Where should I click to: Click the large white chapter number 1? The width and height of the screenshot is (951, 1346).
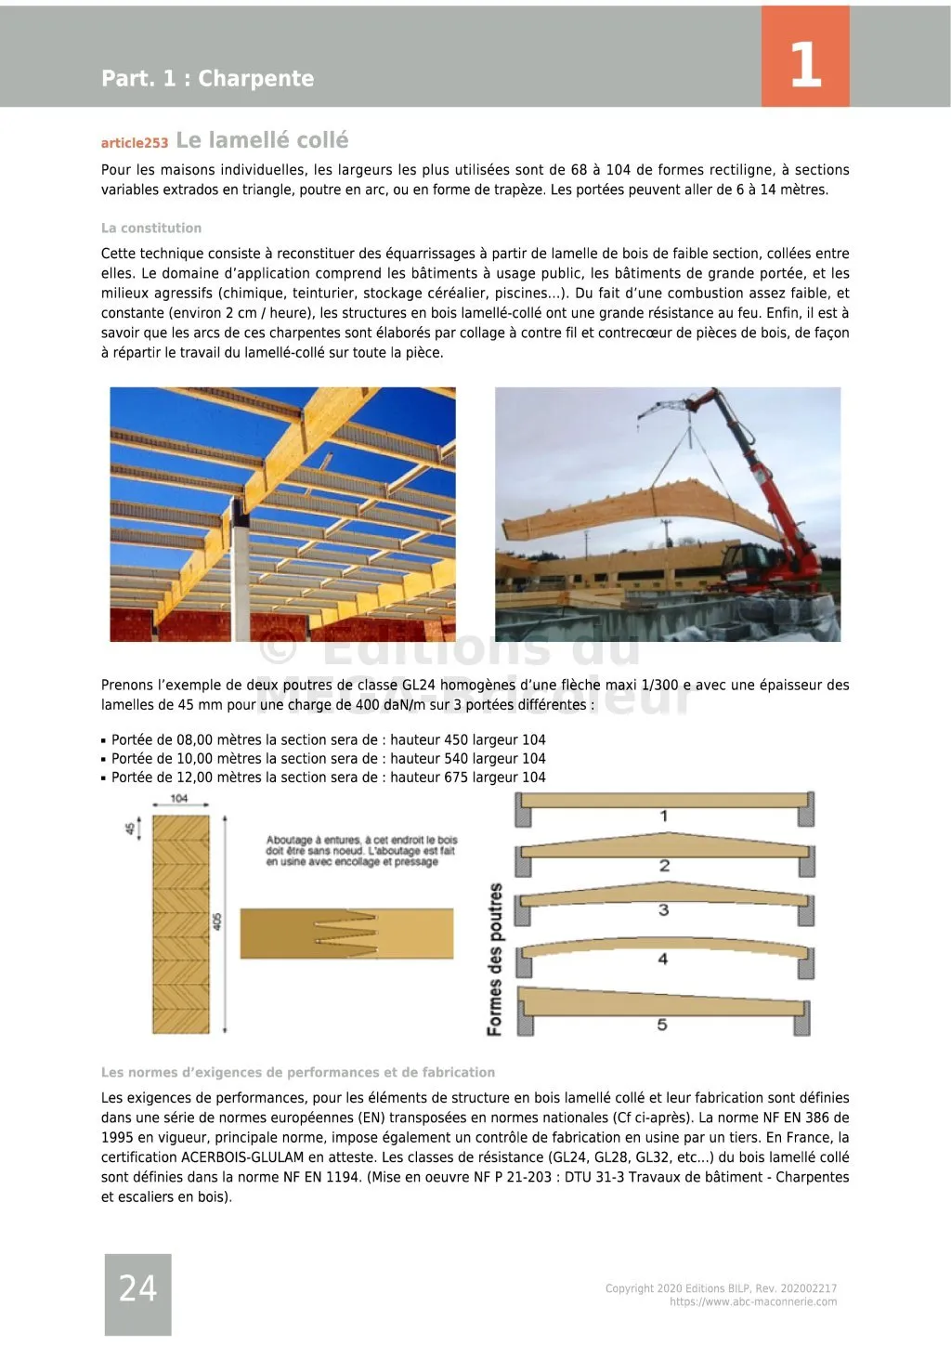805,64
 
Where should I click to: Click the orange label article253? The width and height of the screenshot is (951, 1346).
135,143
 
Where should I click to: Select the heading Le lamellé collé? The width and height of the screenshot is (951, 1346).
262,140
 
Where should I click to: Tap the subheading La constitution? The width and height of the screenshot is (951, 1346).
151,228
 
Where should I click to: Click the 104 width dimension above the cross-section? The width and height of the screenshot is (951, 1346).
179,798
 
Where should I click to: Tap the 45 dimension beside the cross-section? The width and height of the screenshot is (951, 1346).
131,826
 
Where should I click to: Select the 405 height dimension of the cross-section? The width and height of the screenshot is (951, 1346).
217,921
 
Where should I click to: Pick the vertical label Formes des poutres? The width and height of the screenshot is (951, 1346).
495,959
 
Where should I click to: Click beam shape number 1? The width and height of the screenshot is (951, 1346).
664,816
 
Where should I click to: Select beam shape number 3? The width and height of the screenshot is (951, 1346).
663,909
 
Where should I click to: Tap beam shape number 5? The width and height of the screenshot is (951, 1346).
662,1025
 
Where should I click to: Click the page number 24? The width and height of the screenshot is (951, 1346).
137,1288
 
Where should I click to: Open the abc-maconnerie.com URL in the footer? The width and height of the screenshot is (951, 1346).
752,1302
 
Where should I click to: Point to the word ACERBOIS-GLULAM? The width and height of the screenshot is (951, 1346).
241,1157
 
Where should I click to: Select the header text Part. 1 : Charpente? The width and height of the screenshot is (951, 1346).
207,78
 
